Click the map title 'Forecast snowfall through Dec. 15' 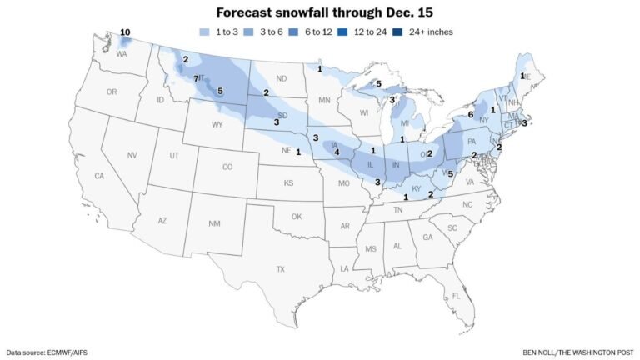tap(320, 13)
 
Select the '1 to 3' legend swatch tap(205, 32)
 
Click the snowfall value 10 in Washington tap(125, 32)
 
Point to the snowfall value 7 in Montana tap(197, 78)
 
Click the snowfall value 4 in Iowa tap(337, 152)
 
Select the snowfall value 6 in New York tap(471, 115)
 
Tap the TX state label tap(280, 268)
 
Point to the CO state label tap(227, 167)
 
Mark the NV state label tap(132, 156)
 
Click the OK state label tap(296, 216)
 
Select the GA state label tap(427, 237)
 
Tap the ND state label tap(281, 80)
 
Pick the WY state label tap(217, 125)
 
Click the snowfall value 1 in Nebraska tap(297, 152)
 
